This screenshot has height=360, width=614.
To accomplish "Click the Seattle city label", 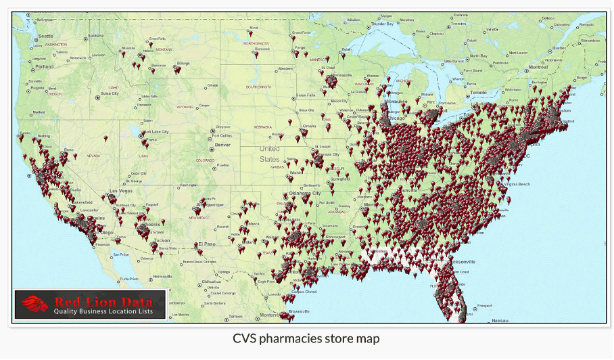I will coord(45,36).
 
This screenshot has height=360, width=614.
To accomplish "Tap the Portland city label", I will coord(44,67).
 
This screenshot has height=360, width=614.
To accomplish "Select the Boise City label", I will coord(110,93).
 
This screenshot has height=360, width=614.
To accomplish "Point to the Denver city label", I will coord(222,145).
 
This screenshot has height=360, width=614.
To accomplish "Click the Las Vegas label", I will coord(120,192).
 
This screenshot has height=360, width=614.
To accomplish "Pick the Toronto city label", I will coord(478,92).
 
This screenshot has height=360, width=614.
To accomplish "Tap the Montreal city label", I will coord(538,67).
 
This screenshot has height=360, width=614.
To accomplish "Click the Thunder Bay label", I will coord(381,24).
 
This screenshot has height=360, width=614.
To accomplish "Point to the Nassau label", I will coord(500,320).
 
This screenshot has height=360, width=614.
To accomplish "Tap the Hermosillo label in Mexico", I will coord(162,277).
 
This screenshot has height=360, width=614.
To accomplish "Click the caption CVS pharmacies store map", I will coord(306,338).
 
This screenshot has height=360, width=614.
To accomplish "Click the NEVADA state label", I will coord(93,156).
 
